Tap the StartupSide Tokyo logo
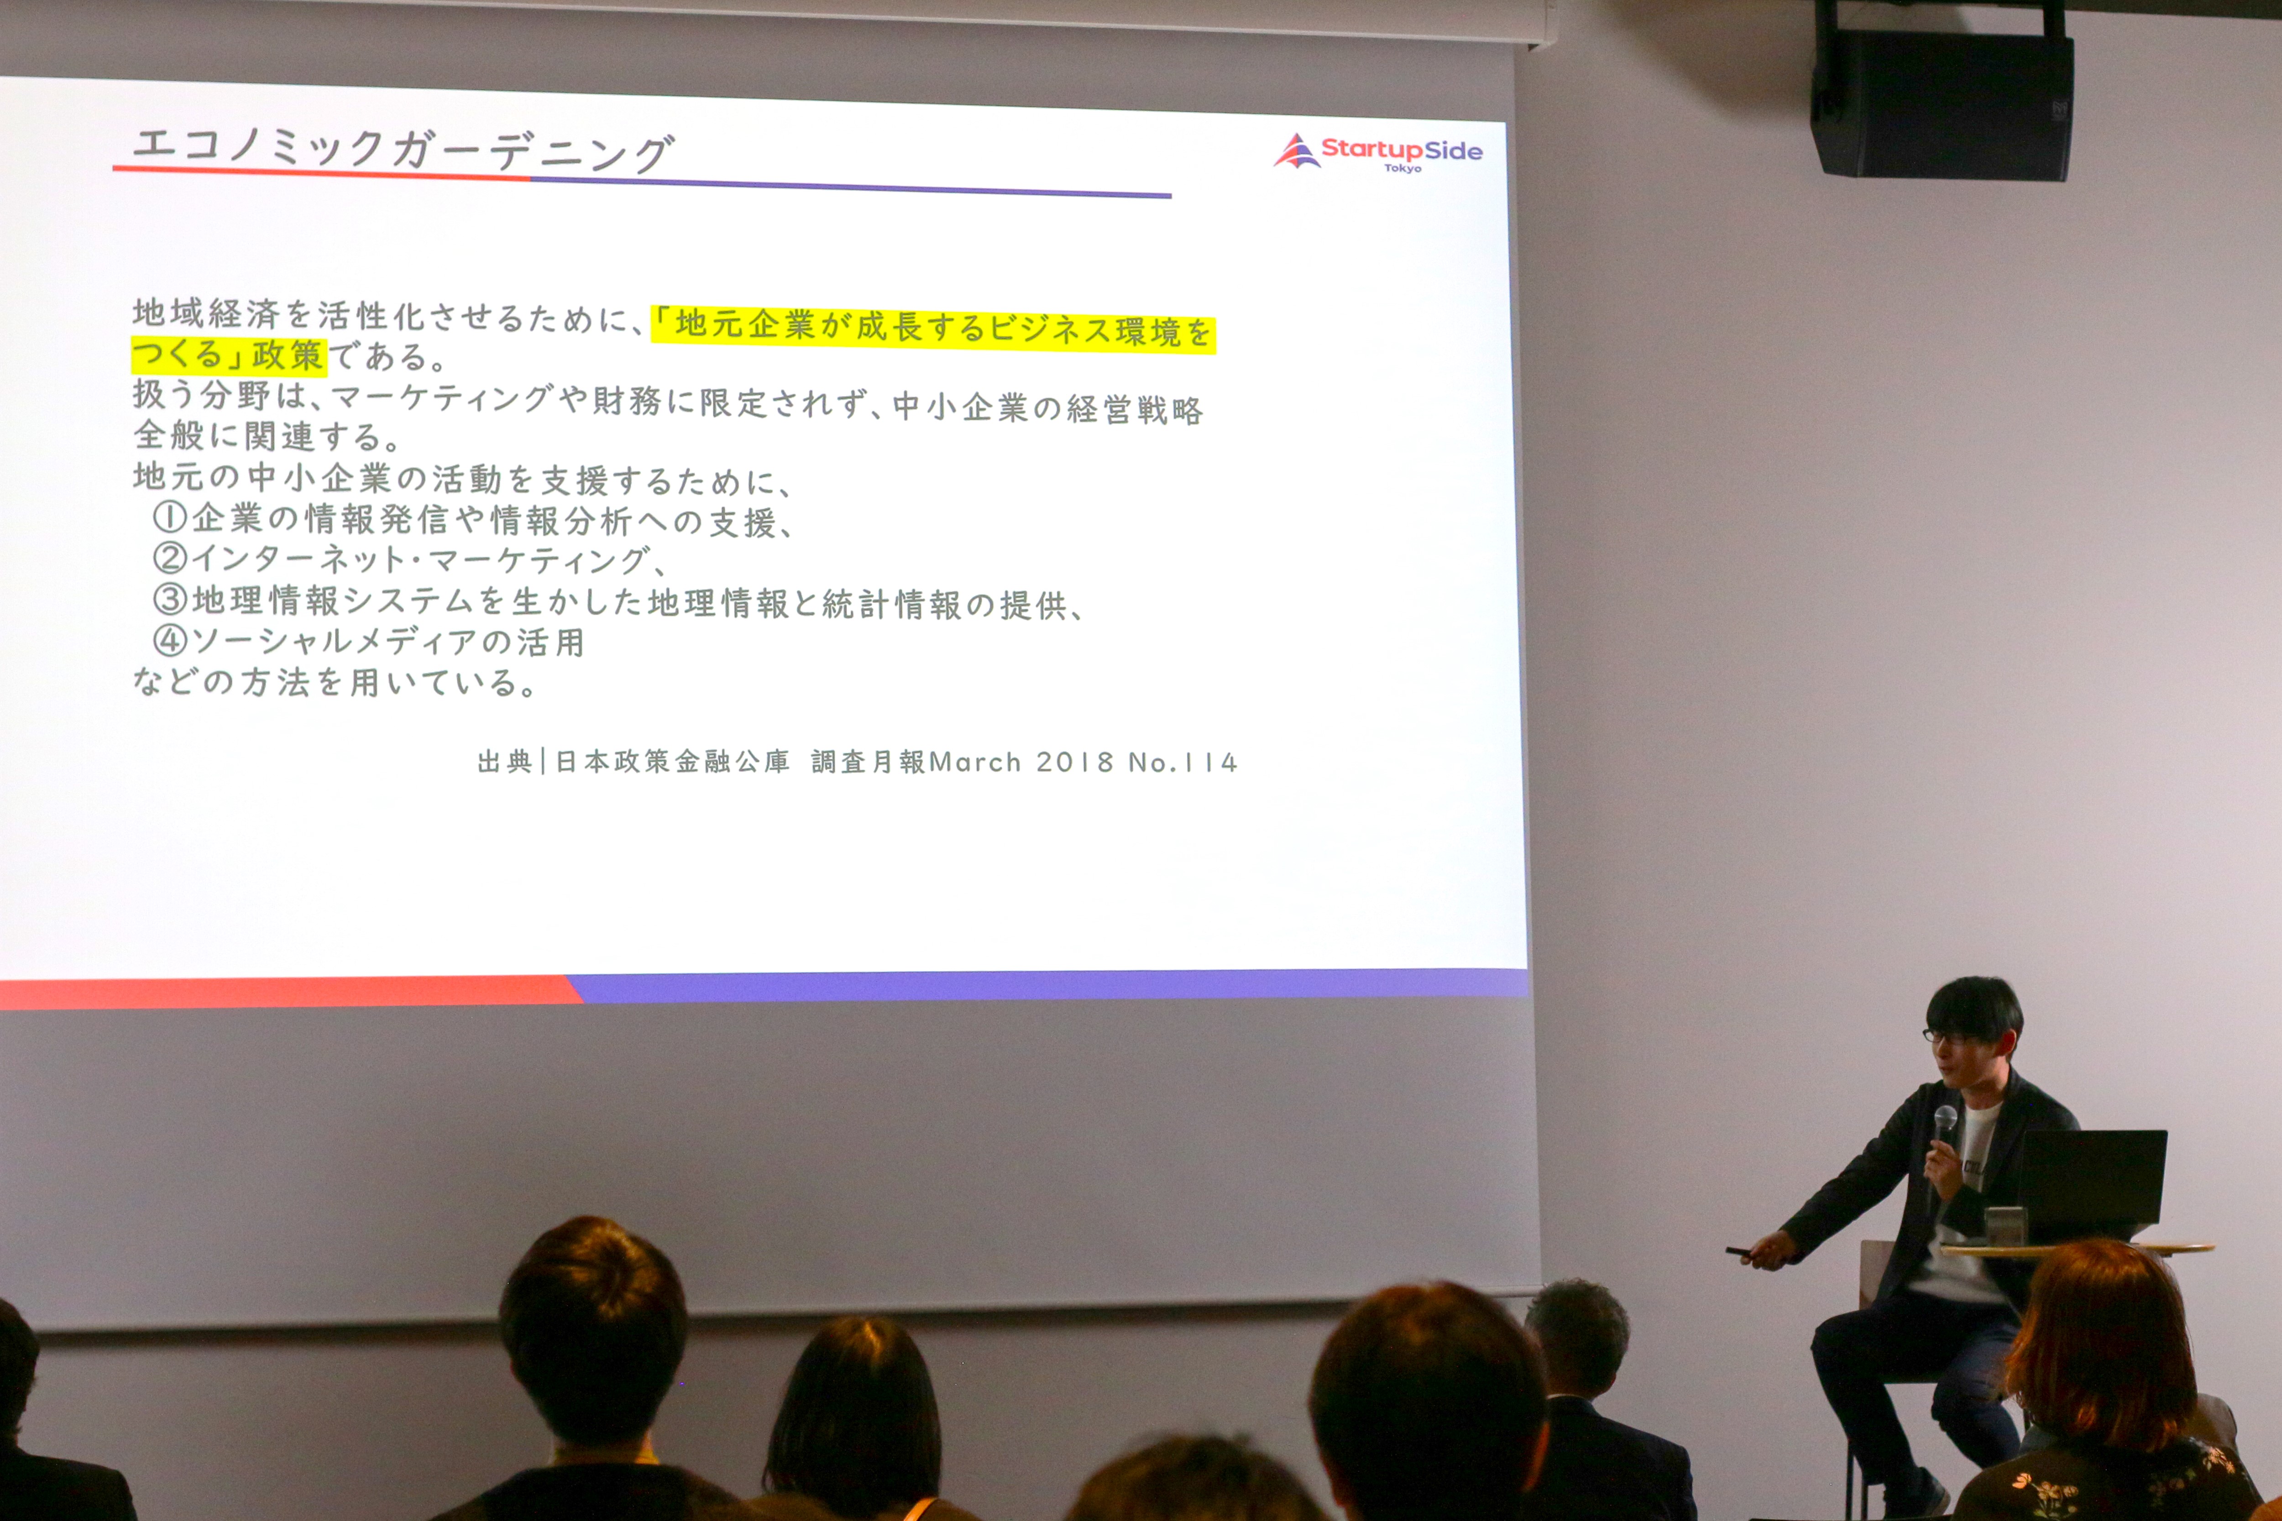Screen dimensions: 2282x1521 1378,152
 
